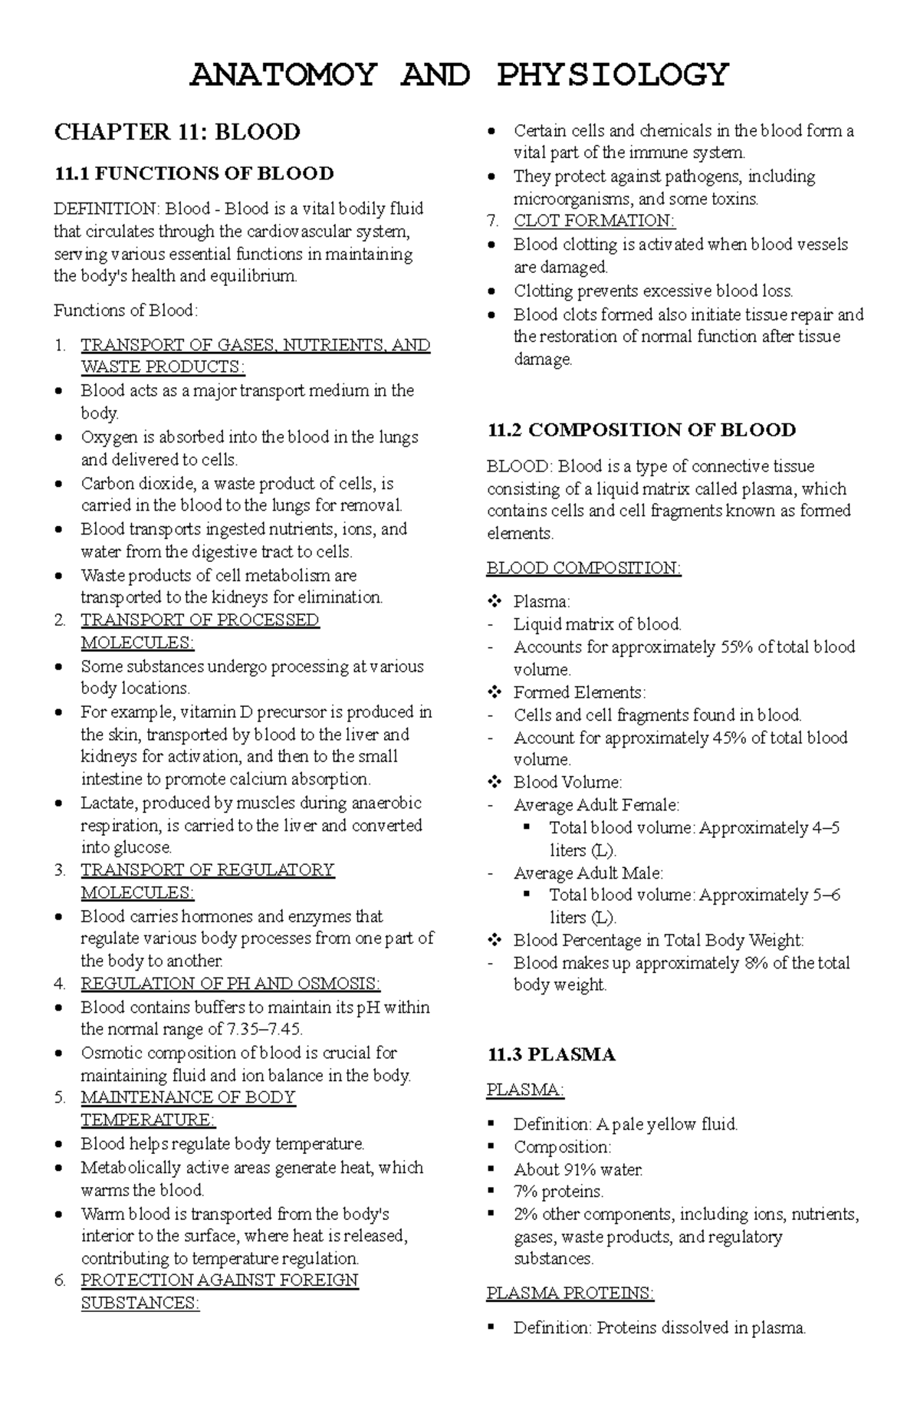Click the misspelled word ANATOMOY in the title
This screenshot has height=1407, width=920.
(283, 75)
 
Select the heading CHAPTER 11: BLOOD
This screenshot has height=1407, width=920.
(177, 133)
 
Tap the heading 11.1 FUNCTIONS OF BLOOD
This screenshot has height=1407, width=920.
(194, 173)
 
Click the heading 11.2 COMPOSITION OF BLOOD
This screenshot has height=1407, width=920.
(641, 429)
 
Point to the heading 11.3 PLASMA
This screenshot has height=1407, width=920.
(551, 1054)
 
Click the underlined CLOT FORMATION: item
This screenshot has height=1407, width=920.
(594, 221)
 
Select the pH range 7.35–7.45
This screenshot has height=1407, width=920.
(267, 1029)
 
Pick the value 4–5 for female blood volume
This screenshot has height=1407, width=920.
(825, 828)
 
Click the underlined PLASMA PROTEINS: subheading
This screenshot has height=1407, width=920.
(570, 1294)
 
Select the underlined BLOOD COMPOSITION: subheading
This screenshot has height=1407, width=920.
(583, 568)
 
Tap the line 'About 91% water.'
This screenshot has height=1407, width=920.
(578, 1169)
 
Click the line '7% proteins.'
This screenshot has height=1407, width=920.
(558, 1192)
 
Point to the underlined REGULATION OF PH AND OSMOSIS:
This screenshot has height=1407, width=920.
(230, 984)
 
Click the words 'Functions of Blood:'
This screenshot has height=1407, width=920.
(126, 311)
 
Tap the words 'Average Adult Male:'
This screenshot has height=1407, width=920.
(588, 873)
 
